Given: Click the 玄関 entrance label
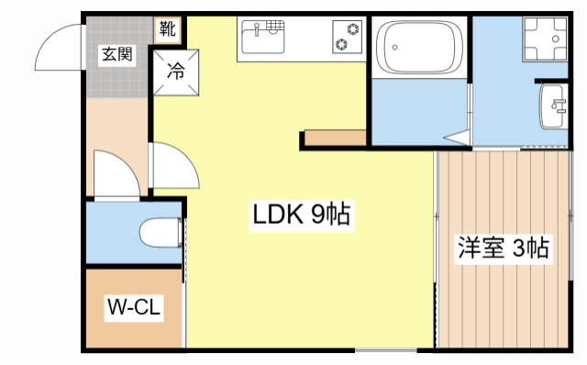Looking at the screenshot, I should point(116,53).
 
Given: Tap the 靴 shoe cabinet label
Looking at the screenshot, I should point(167,29).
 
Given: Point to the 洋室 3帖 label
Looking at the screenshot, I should point(504,248).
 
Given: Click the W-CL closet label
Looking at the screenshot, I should point(134,307).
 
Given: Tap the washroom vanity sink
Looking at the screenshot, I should point(555,106).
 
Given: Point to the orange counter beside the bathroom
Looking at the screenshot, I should point(335,138).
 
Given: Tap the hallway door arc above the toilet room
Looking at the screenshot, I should point(116,174).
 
